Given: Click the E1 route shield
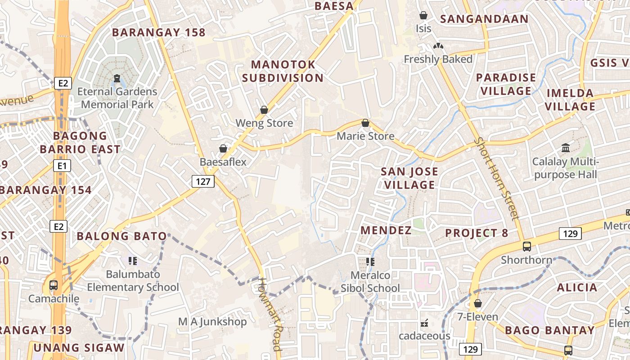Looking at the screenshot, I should [62, 166].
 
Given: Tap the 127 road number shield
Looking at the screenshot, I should [203, 181].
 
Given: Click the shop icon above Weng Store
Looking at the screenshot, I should [264, 110].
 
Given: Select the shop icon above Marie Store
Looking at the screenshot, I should [365, 123].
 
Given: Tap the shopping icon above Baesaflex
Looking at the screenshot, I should [223, 148].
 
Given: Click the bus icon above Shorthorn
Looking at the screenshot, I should [526, 247].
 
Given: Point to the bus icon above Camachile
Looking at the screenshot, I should [54, 285].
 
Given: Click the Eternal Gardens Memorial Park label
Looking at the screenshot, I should [117, 98].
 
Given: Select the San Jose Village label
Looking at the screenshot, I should [409, 178].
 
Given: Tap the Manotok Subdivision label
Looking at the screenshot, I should [283, 71].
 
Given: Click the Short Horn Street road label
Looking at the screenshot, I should [497, 179].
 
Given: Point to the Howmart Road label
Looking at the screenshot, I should [270, 314].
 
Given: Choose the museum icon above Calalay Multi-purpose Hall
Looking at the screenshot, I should [565, 148].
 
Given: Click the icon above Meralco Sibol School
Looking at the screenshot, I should [370, 262].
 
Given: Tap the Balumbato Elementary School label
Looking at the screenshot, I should [133, 281].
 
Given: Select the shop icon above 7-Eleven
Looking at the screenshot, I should [478, 303].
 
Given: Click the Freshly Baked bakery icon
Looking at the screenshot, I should [438, 46].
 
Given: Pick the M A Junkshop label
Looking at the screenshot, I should [212, 322].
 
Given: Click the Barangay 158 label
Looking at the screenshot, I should [158, 32].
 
